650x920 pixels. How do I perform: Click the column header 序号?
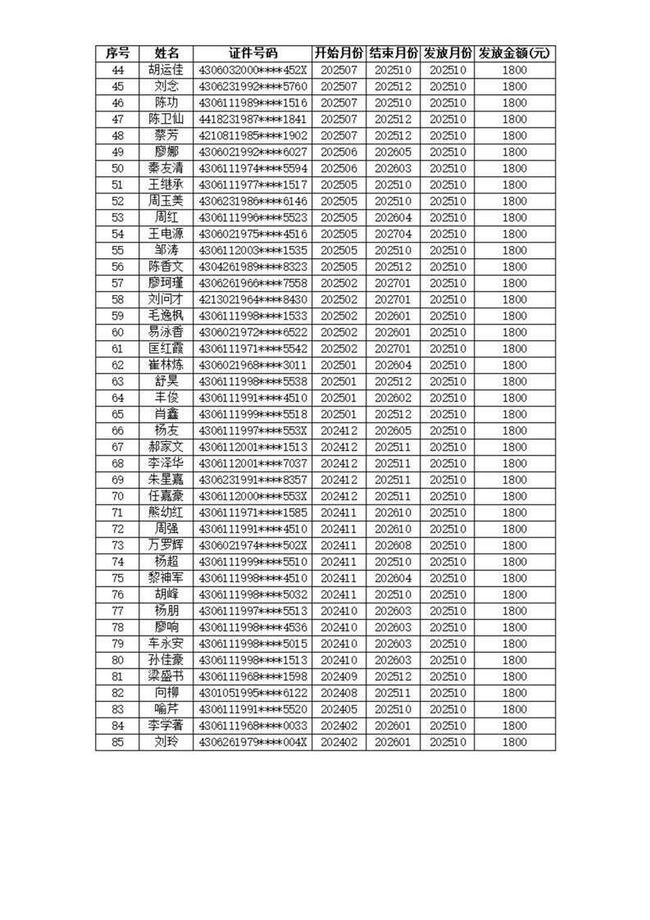(x=117, y=53)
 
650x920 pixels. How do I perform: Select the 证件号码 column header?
(x=252, y=53)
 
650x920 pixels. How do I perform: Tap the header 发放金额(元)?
(x=514, y=53)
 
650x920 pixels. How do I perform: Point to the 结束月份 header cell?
(x=393, y=53)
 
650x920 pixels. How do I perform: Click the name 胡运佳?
(x=166, y=70)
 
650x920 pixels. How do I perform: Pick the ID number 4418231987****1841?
(x=252, y=119)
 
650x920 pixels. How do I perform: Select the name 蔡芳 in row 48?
(x=166, y=135)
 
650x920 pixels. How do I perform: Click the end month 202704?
(x=393, y=234)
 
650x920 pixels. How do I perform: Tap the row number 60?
(x=117, y=332)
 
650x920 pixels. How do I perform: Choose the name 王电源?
(x=166, y=234)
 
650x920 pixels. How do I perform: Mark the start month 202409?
(x=339, y=676)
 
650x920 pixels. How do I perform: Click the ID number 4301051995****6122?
(x=252, y=693)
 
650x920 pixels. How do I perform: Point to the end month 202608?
(x=393, y=545)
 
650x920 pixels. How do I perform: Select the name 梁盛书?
(x=166, y=676)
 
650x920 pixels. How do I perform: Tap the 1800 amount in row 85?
(x=514, y=742)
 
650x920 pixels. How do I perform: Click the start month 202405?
(x=339, y=709)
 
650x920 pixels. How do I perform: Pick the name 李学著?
(x=166, y=726)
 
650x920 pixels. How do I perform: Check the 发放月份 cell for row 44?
(x=448, y=70)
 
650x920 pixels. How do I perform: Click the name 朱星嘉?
(x=166, y=480)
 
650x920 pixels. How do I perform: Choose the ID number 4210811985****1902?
(x=252, y=135)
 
